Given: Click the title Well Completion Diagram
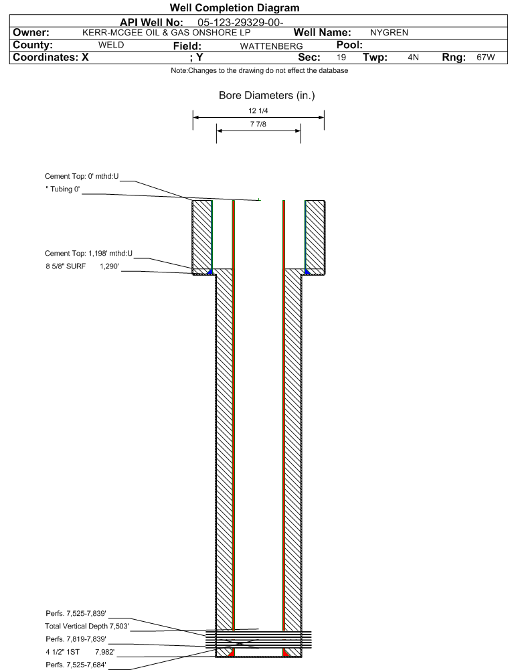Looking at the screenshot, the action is point(234,7).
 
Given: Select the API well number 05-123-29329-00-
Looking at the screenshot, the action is point(240,23).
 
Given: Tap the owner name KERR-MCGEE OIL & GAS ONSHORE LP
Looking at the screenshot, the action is point(166,33).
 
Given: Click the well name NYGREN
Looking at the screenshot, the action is point(389,33).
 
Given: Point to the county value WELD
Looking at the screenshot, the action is point(111,45).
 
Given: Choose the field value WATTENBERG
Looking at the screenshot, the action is point(271,46).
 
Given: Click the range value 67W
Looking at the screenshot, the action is point(486,58).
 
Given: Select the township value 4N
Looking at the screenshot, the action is point(413,58).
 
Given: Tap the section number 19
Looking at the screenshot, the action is point(341,58).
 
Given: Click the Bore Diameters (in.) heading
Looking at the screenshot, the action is point(266,95).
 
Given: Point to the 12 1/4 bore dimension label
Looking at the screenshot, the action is point(258,110).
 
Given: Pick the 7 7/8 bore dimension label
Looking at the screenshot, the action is point(258,124).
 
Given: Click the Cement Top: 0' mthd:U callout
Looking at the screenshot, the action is point(82,176).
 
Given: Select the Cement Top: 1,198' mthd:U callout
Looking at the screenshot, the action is point(88,254).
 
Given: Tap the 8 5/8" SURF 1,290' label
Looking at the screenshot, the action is point(82,266).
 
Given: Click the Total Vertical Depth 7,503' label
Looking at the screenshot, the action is point(87,626).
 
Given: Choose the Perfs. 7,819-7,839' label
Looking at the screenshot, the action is point(76,639).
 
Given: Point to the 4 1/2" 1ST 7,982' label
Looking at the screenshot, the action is point(80,652).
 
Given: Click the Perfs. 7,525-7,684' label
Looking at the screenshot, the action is point(76,665).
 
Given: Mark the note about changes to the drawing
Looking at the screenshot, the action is point(259,70).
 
